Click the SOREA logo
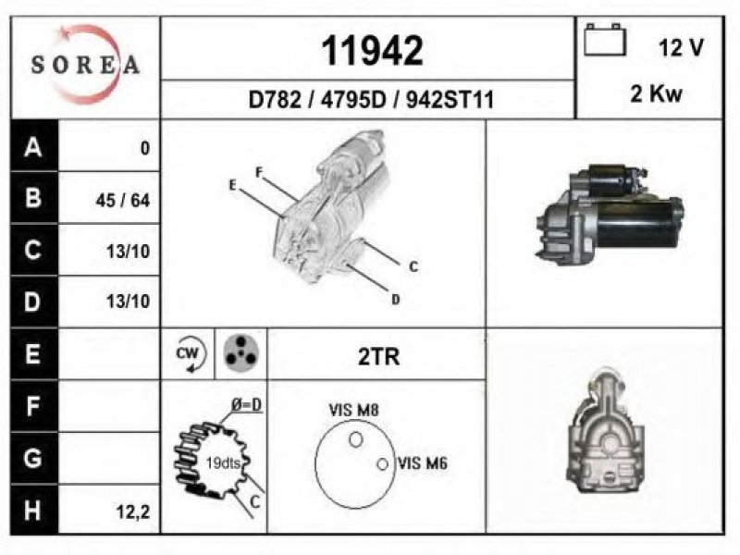[x=85, y=65]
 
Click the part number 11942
[x=372, y=51]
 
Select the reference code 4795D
[x=353, y=100]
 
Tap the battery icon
[x=605, y=40]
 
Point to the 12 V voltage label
[x=681, y=48]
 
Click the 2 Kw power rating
[x=656, y=93]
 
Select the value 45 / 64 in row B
[x=123, y=201]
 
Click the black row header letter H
[x=32, y=511]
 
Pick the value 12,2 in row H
[x=133, y=512]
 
